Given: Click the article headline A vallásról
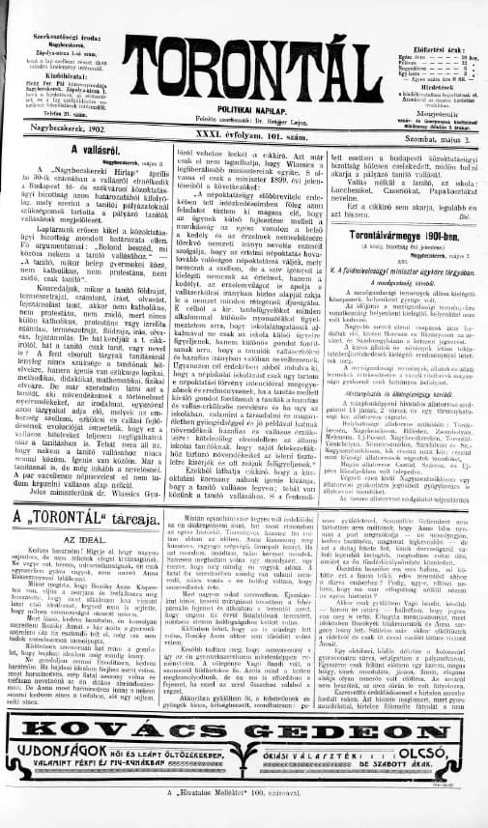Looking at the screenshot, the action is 89,151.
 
